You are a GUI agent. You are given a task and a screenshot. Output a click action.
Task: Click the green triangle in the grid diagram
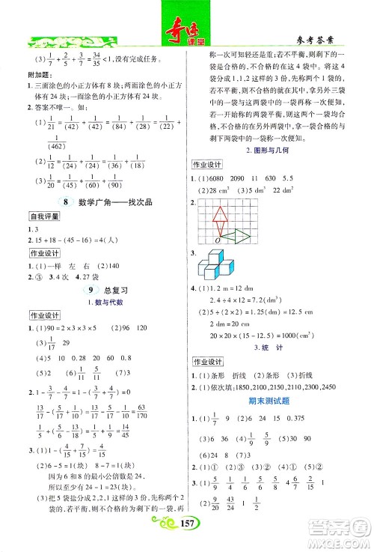coord(242,237)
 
